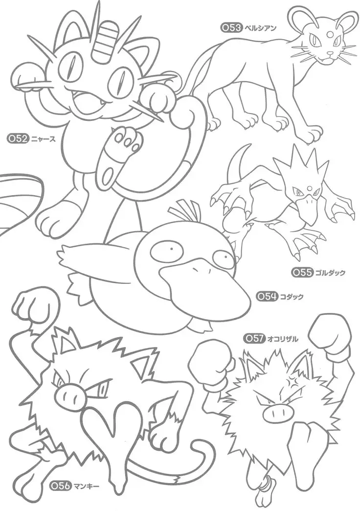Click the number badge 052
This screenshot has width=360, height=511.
click(x=18, y=138)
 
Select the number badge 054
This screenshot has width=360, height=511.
click(x=269, y=296)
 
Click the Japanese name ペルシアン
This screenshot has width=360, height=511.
click(x=260, y=28)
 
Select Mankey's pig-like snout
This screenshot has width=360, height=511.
click(x=70, y=392)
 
